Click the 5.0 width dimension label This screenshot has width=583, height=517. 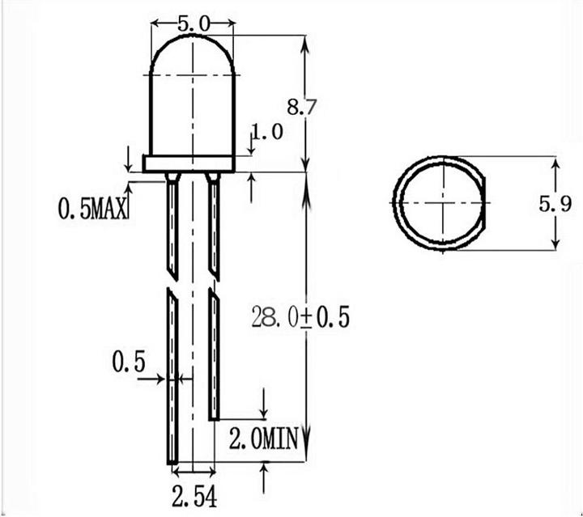click(191, 24)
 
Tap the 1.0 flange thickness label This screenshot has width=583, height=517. click(267, 133)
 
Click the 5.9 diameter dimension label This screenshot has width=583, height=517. click(566, 205)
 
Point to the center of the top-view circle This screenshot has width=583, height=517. click(443, 203)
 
